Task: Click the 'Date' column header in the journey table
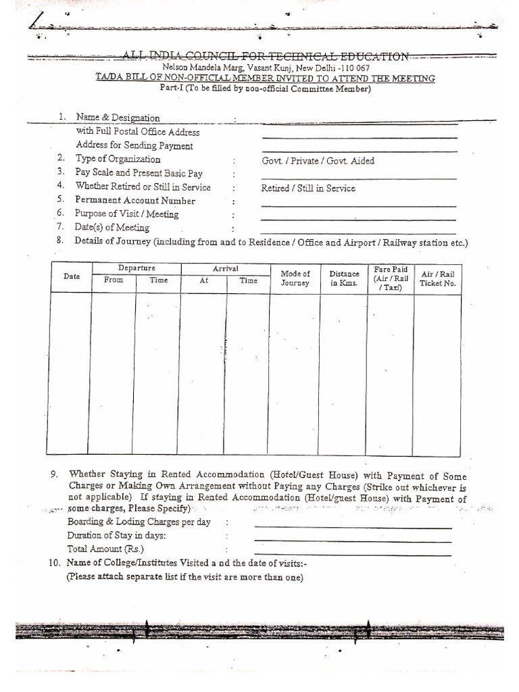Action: click(71, 276)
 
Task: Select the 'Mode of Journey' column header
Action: click(295, 278)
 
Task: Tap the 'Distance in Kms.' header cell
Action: click(344, 278)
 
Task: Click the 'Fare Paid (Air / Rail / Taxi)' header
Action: click(391, 278)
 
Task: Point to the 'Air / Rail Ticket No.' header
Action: click(438, 278)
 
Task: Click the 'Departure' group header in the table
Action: click(136, 268)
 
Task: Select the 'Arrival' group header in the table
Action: click(225, 268)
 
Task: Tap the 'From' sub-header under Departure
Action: click(114, 280)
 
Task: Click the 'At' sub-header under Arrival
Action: click(203, 280)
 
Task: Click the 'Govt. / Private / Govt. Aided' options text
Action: click(318, 161)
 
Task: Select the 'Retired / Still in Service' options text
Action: click(308, 189)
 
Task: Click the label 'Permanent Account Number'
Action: click(135, 201)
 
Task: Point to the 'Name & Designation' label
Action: click(118, 118)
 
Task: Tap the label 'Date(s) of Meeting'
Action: click(112, 228)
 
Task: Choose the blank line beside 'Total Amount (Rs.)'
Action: click(352, 554)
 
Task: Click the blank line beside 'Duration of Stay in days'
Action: click(352, 541)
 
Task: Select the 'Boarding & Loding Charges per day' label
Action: click(139, 522)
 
